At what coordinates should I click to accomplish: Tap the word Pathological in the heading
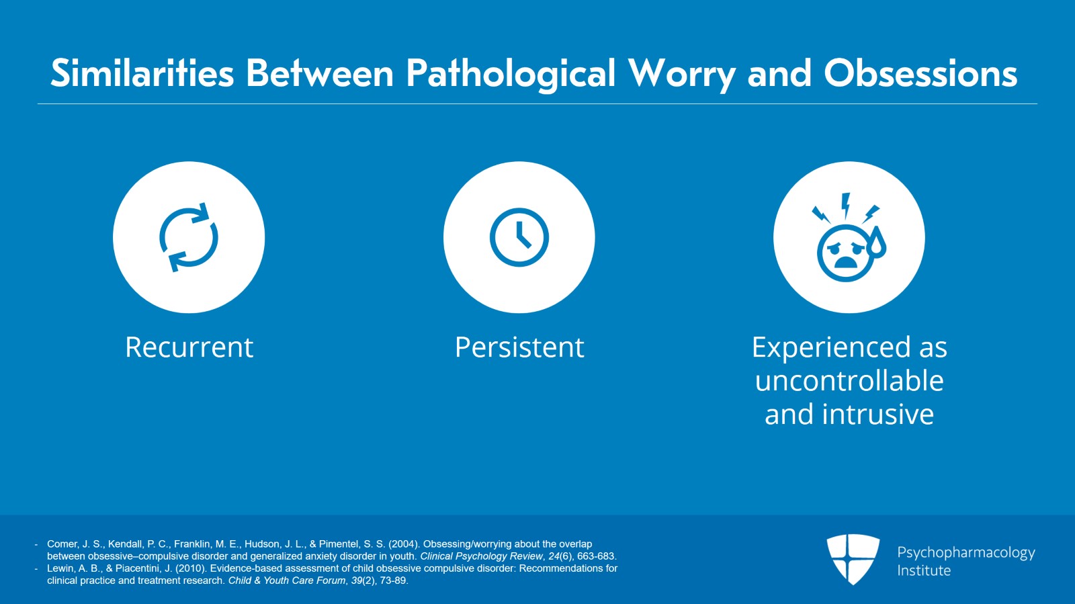511,74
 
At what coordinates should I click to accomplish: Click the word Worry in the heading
681,74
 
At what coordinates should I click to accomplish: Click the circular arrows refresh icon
189,237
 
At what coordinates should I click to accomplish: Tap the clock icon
519,237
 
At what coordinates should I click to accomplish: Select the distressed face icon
846,253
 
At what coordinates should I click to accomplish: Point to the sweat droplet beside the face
877,243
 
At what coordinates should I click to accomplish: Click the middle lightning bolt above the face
846,205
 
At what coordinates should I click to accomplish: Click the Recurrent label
189,347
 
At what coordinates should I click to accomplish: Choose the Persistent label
519,347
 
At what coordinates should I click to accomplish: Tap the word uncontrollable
849,381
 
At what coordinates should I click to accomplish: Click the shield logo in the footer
853,558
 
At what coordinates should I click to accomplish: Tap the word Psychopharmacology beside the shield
965,553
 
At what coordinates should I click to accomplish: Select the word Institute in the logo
924,570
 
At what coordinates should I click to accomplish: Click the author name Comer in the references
62,544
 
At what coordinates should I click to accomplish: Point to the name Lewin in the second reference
61,568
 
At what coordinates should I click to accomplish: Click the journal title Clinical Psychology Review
481,556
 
